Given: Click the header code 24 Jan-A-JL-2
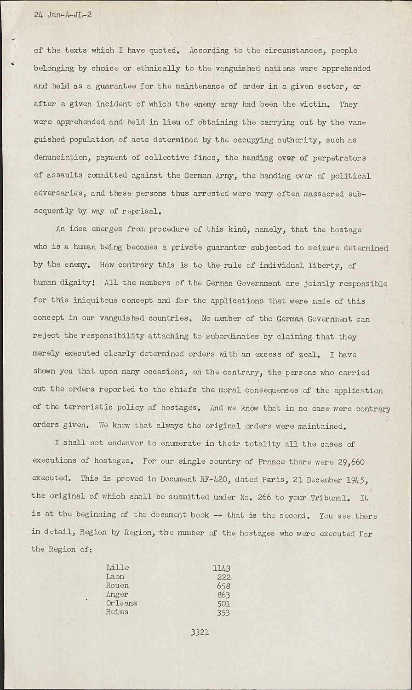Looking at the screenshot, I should (63, 14).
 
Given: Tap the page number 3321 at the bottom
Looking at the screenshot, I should (200, 632).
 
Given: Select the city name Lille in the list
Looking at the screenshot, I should (117, 567).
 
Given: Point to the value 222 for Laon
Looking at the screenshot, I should (223, 577).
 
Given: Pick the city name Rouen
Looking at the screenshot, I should (117, 586).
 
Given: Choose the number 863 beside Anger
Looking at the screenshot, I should (223, 595).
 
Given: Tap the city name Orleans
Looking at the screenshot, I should (121, 603).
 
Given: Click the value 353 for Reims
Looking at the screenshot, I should (223, 612).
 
